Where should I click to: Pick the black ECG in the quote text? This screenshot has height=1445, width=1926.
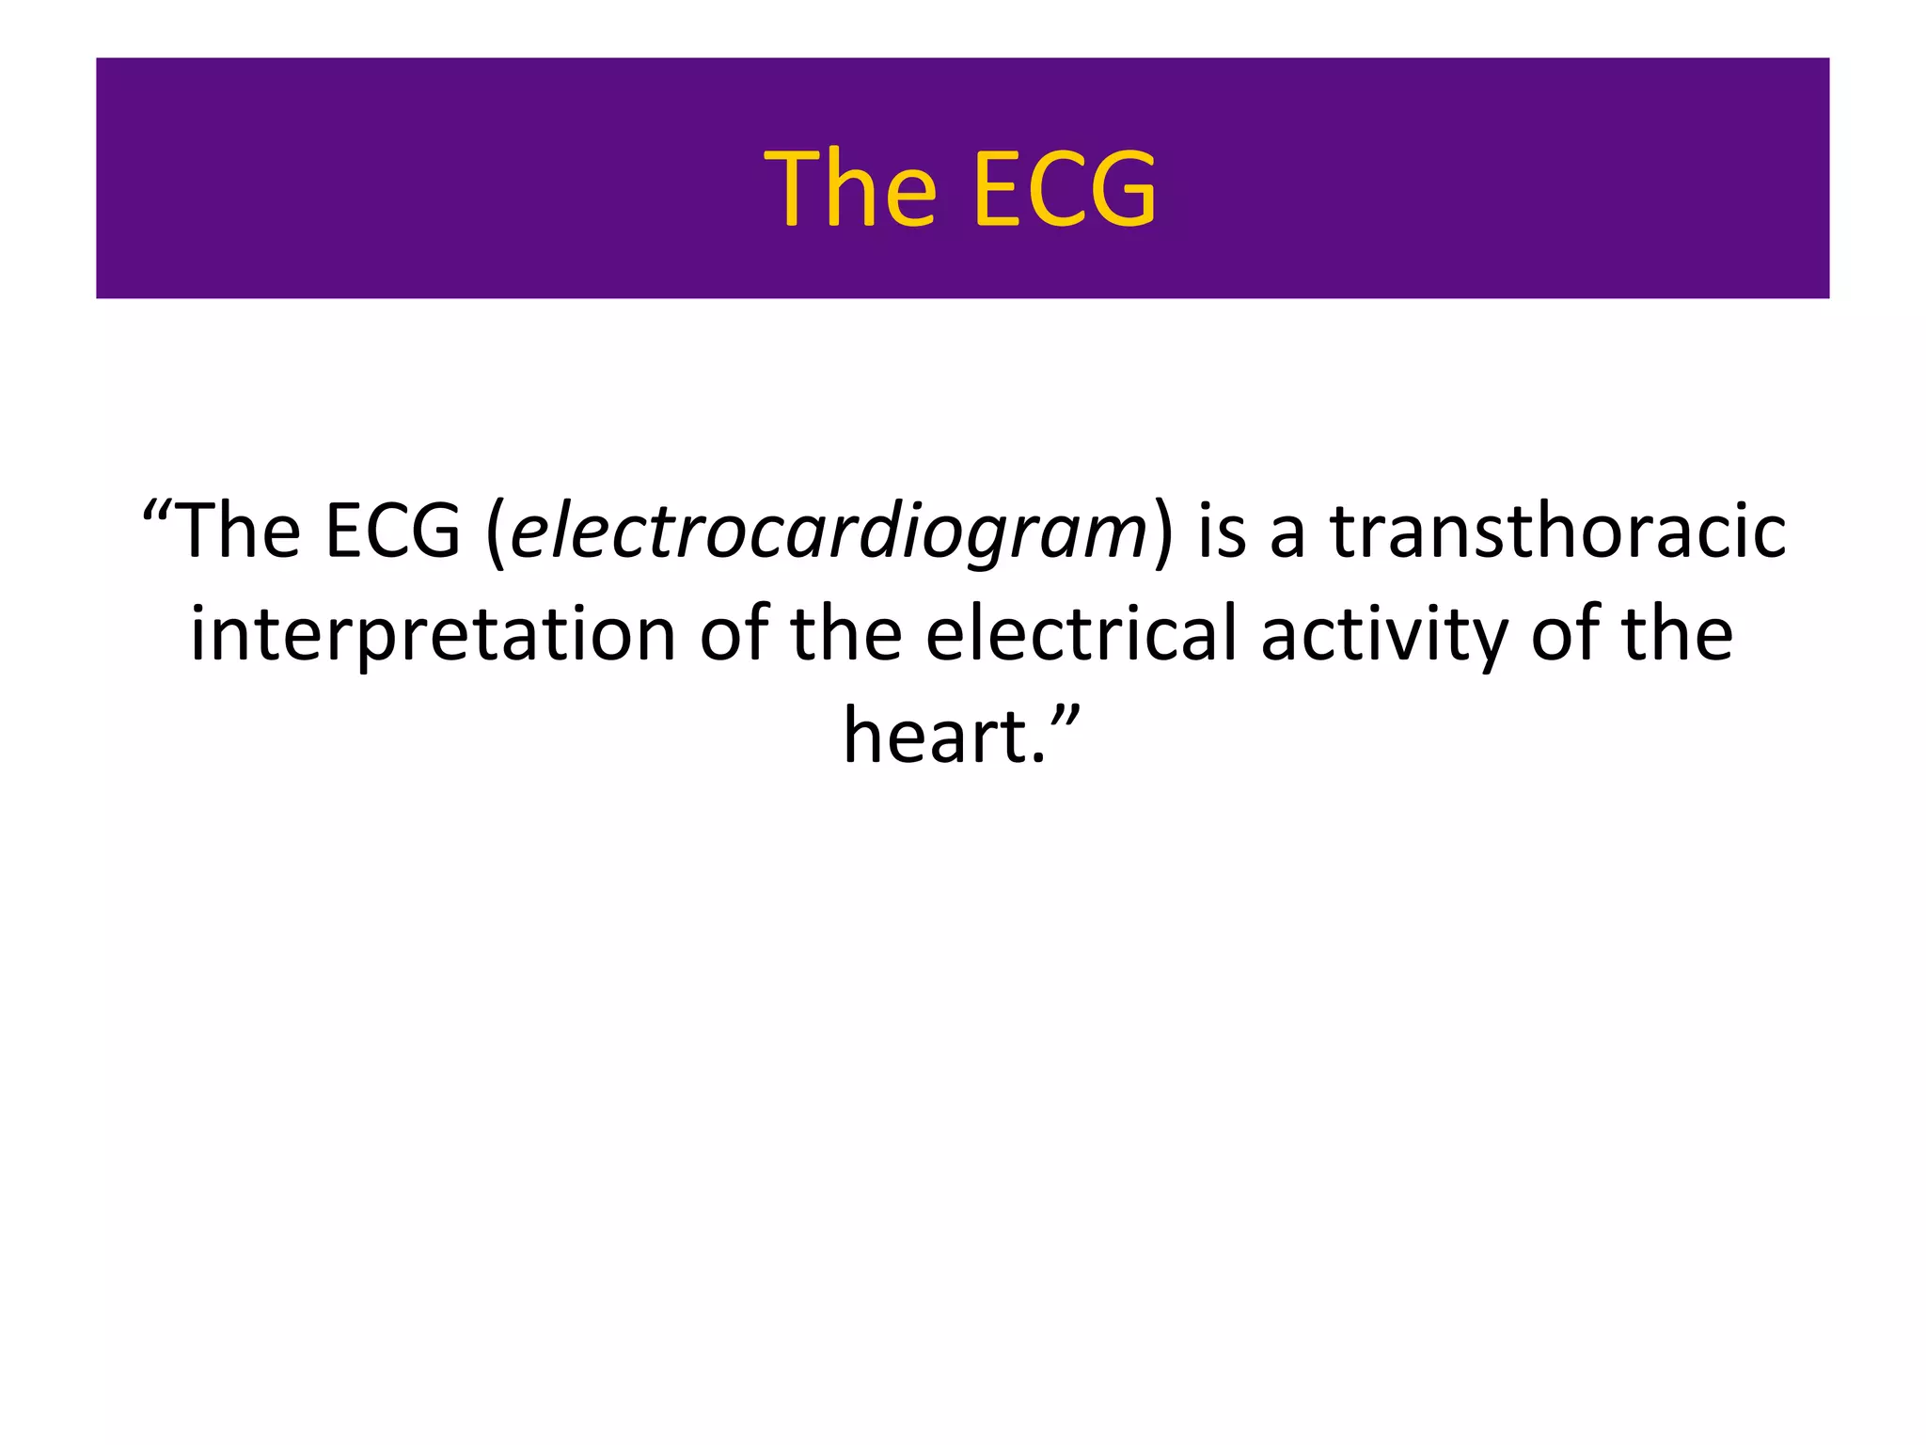tap(392, 532)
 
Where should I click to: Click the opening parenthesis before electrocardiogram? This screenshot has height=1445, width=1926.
tap(496, 534)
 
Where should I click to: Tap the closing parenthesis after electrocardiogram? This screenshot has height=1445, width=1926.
tap(1163, 534)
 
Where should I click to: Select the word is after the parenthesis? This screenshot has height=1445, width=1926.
tap(1222, 532)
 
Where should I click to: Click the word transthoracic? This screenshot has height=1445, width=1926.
tap(1557, 532)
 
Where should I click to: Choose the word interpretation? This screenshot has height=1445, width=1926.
tap(433, 636)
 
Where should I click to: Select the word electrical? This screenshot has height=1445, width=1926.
tap(1081, 632)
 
